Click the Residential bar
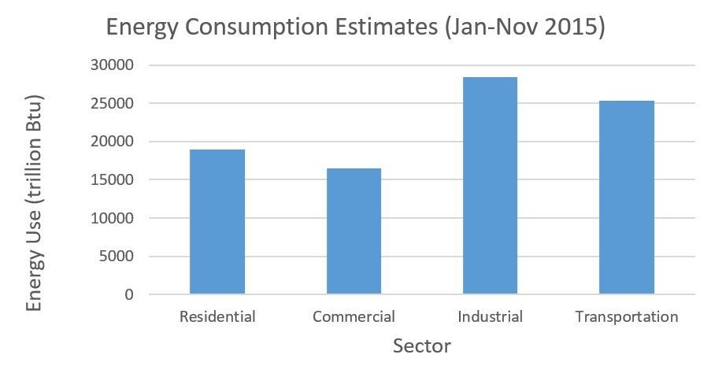point(217,222)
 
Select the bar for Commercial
point(354,231)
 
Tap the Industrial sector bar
point(490,186)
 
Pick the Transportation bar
point(626,198)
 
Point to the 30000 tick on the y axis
point(112,65)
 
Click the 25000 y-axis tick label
point(112,104)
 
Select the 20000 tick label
point(112,142)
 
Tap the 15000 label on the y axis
point(112,180)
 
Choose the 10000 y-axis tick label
point(112,218)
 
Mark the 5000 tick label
point(116,257)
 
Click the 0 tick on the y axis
point(129,294)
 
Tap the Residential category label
point(217,317)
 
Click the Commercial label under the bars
point(354,317)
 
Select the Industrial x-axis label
point(490,317)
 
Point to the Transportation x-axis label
point(626,317)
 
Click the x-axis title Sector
point(421,346)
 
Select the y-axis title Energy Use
point(34,203)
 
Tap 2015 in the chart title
point(568,28)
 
